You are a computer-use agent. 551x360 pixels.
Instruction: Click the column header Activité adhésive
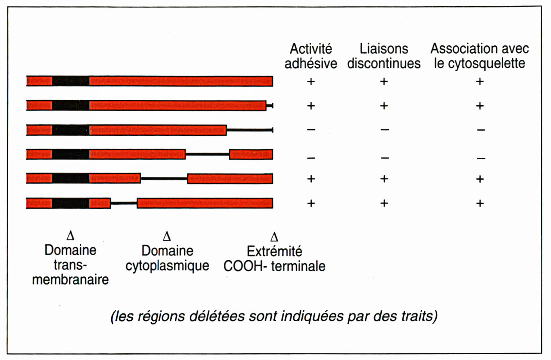coord(311,56)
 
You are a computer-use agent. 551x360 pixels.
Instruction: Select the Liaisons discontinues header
coord(384,56)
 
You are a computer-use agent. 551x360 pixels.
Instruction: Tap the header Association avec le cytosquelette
coord(479,56)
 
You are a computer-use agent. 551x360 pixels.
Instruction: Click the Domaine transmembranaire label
coord(70,265)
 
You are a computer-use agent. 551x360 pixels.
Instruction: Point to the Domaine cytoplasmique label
coord(167,258)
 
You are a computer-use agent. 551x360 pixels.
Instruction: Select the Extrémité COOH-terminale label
coord(274,259)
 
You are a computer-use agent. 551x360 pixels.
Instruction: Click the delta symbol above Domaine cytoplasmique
coord(167,236)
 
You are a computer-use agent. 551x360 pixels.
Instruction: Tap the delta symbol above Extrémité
coord(274,237)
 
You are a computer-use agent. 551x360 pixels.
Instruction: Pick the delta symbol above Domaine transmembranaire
coord(70,236)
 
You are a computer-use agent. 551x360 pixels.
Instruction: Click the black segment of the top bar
coord(70,81)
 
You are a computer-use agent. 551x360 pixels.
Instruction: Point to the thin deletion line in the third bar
coord(249,130)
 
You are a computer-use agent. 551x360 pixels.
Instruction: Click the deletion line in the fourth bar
coord(207,154)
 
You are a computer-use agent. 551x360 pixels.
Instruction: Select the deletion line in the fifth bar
coord(164,179)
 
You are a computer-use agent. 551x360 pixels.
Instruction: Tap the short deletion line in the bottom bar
coord(124,203)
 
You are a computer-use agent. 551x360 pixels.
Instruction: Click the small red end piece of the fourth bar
coord(251,154)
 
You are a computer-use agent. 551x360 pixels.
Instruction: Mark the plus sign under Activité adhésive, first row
coord(311,81)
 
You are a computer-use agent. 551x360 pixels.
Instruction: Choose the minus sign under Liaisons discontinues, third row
coord(385,130)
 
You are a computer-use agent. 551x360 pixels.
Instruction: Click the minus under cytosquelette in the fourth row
coord(481,158)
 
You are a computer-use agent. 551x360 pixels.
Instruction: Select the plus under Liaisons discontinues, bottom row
coord(384,203)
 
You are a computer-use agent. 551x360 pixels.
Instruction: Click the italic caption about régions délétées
coord(274,316)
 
